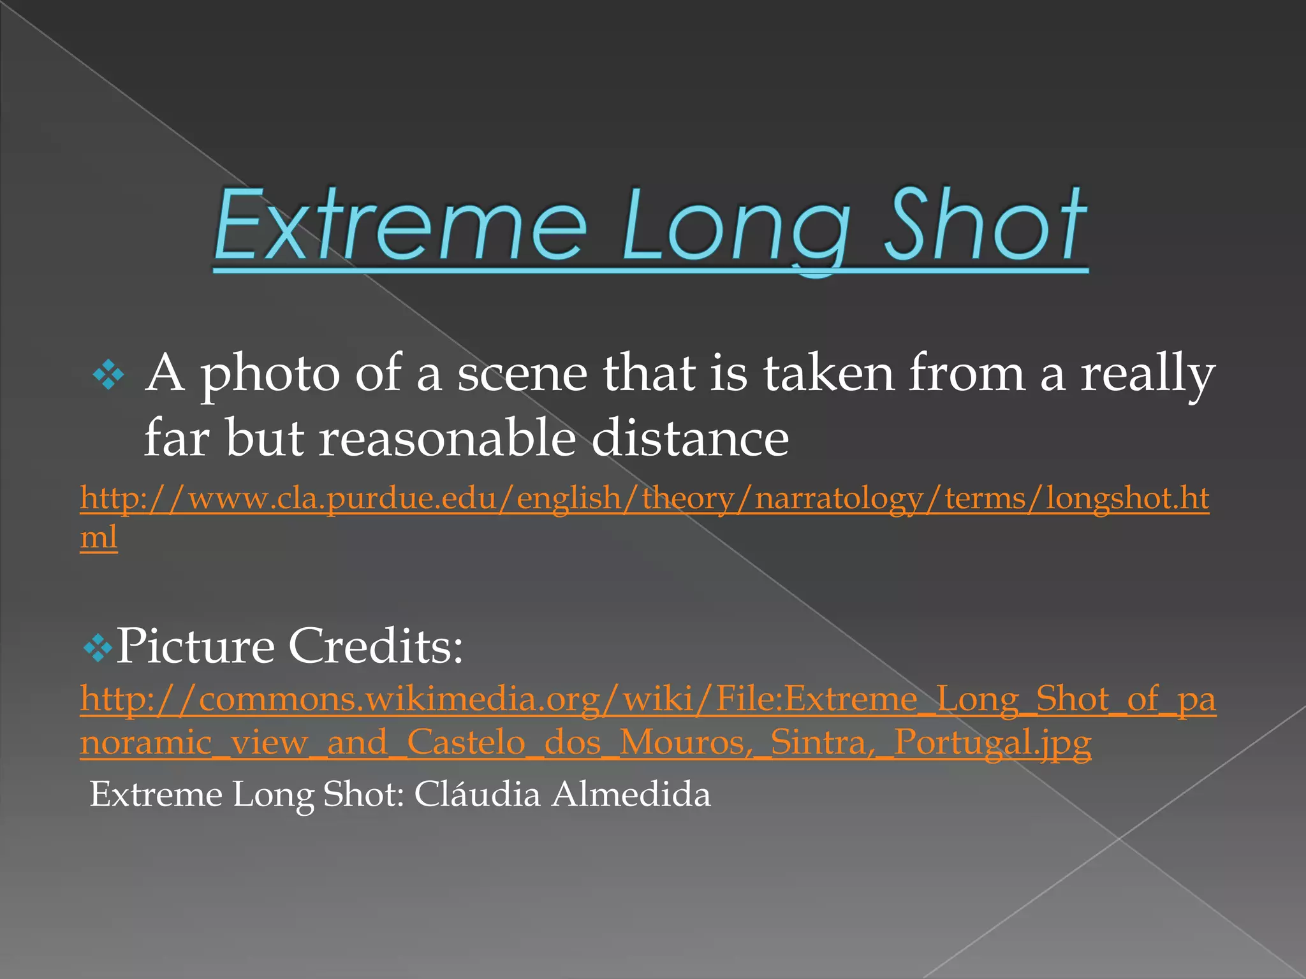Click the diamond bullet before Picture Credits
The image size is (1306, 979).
click(x=97, y=649)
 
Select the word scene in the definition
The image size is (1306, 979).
click(x=522, y=375)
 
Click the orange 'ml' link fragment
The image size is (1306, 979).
click(x=99, y=537)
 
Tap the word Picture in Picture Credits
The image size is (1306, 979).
click(x=194, y=646)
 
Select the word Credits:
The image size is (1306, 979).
click(x=376, y=646)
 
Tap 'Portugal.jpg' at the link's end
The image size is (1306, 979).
click(x=992, y=743)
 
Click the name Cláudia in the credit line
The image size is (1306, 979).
click(x=477, y=795)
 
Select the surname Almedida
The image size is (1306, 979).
click(x=631, y=795)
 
